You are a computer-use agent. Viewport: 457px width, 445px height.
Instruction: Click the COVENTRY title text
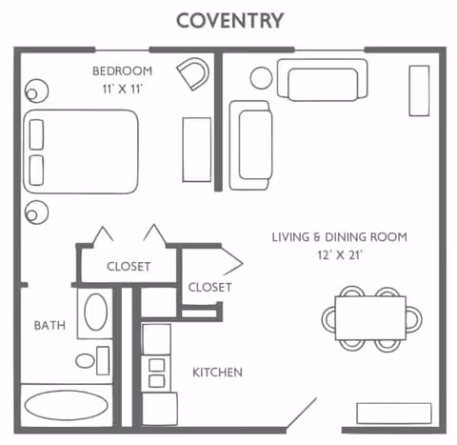tap(229, 19)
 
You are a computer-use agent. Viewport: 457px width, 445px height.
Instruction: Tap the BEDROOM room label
tap(123, 71)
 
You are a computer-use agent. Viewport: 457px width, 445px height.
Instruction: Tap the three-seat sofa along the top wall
tap(322, 79)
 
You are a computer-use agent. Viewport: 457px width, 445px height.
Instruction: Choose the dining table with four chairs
tap(369, 316)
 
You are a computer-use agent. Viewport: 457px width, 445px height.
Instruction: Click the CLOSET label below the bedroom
tap(128, 267)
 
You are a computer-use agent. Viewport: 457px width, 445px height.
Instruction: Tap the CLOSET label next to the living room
tap(209, 287)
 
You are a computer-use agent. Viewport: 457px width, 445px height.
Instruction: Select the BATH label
tap(50, 325)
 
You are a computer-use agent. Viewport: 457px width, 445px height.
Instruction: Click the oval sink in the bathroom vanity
tap(96, 311)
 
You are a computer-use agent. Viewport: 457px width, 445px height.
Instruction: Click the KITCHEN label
tap(217, 372)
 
